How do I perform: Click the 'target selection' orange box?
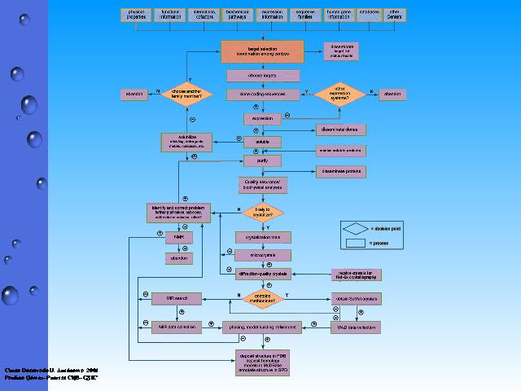pos(262,52)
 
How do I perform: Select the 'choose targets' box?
pos(262,76)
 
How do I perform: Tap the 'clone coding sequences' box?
pos(262,94)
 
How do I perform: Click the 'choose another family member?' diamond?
pos(186,94)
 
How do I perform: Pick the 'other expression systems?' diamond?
pos(340,94)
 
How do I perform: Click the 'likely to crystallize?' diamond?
pos(262,213)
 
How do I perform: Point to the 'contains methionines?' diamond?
pos(262,297)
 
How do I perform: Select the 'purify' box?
pos(262,161)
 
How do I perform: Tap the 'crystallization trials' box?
pos(262,236)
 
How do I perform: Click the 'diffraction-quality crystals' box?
pos(262,275)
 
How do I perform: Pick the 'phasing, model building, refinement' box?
pos(262,327)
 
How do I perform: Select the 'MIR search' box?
pos(176,298)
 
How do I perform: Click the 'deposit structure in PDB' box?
pos(262,362)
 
